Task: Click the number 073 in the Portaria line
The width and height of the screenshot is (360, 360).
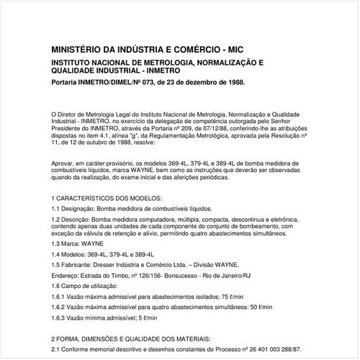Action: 144,83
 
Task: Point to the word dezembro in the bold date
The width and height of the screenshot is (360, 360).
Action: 194,83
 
